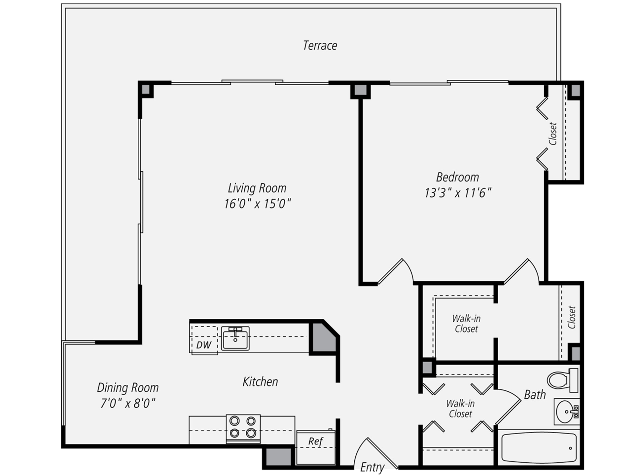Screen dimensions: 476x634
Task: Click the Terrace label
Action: [320, 46]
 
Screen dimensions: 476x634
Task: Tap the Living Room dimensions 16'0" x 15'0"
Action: [257, 204]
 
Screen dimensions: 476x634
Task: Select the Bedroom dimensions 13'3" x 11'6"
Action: [458, 193]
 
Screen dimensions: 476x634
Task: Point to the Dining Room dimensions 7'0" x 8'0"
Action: [128, 403]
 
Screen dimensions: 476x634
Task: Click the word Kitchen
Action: [260, 382]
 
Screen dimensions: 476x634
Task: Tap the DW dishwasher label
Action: [203, 345]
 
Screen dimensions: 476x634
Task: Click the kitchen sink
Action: [235, 338]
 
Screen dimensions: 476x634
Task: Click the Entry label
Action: [372, 467]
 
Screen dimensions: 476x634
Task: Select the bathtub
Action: [539, 448]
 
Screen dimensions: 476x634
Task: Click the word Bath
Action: [535, 395]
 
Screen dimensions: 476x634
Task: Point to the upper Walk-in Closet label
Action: [466, 324]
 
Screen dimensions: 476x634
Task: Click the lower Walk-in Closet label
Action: [460, 409]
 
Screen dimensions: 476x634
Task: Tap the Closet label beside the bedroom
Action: [553, 134]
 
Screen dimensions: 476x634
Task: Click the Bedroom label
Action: [457, 177]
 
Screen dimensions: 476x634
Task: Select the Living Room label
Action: [257, 188]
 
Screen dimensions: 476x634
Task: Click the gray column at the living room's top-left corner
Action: [146, 89]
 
